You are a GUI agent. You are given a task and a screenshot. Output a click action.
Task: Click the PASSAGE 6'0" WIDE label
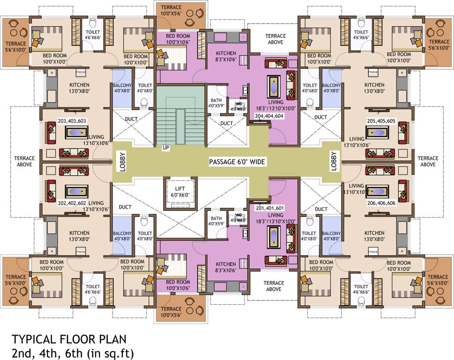point(237,162)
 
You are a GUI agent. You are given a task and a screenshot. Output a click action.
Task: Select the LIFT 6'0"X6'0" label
point(179,192)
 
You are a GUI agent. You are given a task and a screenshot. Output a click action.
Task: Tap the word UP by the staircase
point(165,148)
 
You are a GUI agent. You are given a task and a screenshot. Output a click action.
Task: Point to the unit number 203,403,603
point(73,120)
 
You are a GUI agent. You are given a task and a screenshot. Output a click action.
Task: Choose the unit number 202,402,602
point(73,204)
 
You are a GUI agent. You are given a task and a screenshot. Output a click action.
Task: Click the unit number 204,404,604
point(269,115)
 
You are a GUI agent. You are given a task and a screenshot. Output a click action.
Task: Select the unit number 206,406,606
point(382,204)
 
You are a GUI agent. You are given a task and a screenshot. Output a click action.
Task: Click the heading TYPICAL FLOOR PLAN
point(69,338)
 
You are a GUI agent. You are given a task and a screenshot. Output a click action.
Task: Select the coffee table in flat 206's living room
point(377,191)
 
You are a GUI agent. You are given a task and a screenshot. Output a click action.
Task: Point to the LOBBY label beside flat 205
point(334,162)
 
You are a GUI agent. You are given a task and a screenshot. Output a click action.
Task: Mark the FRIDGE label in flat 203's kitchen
point(81,72)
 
